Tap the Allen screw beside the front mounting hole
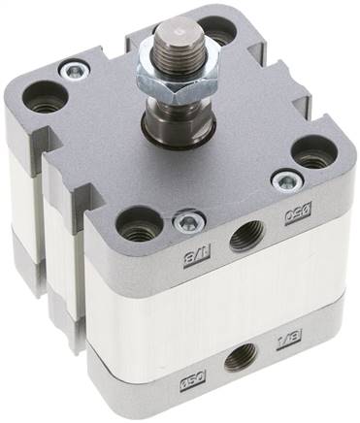pos(185,223)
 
